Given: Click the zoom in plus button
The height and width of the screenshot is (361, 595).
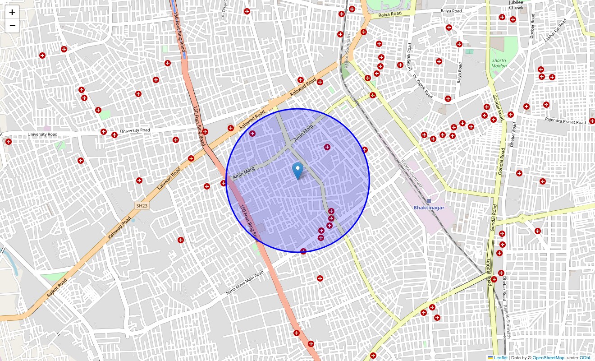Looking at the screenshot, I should (x=12, y=12).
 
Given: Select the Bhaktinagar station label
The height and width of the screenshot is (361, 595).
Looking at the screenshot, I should (x=429, y=208).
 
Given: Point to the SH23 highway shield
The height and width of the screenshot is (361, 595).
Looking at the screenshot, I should (x=142, y=206).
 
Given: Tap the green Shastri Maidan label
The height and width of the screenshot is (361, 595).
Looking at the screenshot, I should (x=499, y=63).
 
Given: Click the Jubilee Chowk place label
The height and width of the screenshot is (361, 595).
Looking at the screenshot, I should (x=516, y=5).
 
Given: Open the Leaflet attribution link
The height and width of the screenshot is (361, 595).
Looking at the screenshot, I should (x=500, y=358).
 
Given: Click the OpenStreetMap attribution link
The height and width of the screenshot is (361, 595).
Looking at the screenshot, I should (x=548, y=358).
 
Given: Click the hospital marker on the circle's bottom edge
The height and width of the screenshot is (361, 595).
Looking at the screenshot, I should (x=303, y=251).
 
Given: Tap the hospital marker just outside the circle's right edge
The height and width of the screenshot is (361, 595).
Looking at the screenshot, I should (x=365, y=150).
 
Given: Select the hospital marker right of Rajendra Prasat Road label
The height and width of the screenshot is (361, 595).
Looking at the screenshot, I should (x=592, y=121).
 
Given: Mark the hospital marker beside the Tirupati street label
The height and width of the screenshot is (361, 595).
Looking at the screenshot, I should (x=247, y=11).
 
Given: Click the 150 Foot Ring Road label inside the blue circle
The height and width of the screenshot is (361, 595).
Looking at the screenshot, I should (x=249, y=221).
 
